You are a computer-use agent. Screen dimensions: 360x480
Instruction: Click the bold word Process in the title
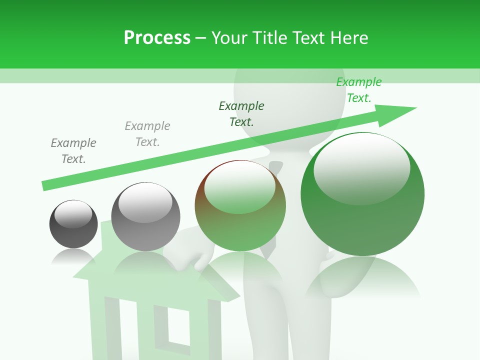(x=157, y=38)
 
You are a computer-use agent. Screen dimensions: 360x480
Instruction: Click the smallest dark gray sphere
(x=73, y=224)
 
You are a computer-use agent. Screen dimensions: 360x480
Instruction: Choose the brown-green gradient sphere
(x=240, y=206)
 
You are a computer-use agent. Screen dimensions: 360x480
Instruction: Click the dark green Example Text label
(x=241, y=113)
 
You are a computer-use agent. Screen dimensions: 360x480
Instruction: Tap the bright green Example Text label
(x=359, y=90)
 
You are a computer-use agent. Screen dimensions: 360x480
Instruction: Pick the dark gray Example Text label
(x=73, y=151)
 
